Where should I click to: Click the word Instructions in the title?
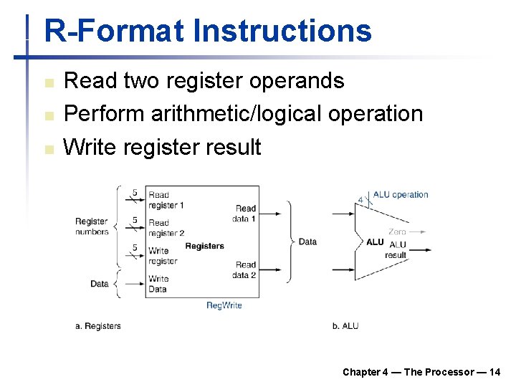282,32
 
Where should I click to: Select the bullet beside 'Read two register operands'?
49,83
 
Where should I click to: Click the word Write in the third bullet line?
90,148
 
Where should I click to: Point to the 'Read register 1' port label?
166,200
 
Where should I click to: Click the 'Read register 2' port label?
166,228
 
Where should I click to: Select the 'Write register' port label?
163,256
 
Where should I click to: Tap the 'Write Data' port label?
158,284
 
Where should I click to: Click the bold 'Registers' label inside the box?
204,246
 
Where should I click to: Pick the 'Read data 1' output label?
244,214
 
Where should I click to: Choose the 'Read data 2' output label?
244,270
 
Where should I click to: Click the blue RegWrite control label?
224,305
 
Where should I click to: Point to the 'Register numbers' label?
92,226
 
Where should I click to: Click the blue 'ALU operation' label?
401,194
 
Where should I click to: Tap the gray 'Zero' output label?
397,231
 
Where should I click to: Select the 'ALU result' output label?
396,250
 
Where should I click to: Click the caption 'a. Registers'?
98,326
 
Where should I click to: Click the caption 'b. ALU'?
345,326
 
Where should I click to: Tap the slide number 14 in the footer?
494,371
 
